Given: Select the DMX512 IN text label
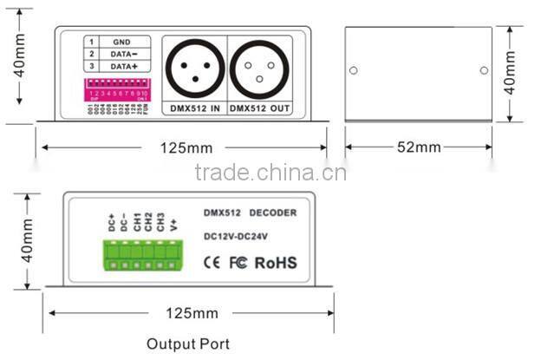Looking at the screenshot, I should click(192, 110).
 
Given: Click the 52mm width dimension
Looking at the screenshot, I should click(420, 147).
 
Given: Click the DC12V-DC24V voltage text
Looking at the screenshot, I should click(238, 235).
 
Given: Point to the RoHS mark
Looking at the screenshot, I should click(276, 262).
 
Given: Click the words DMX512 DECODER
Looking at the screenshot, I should click(250, 213).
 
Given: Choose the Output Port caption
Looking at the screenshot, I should click(188, 344).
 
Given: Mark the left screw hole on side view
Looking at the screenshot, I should click(354, 70).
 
